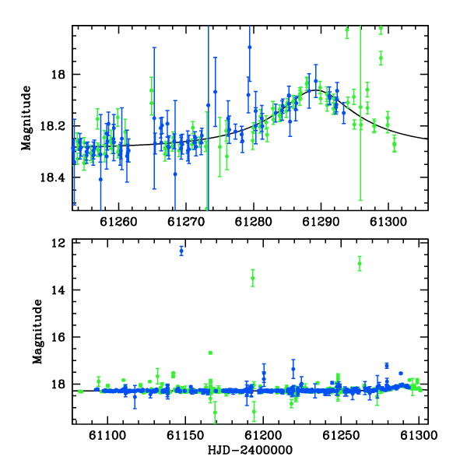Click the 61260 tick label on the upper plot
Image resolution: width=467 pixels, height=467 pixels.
(x=118, y=222)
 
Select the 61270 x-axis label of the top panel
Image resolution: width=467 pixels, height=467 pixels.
(x=186, y=222)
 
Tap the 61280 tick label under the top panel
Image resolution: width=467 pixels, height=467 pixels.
(x=253, y=222)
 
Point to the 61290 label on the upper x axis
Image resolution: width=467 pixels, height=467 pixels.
(x=321, y=222)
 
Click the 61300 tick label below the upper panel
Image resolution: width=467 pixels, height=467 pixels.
(x=388, y=222)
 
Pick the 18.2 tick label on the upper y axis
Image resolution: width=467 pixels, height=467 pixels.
(x=52, y=126)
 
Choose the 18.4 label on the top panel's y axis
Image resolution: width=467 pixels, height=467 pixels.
(x=52, y=177)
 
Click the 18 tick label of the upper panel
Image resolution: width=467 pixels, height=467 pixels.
(x=58, y=75)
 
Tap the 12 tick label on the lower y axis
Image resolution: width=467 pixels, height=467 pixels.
(x=58, y=243)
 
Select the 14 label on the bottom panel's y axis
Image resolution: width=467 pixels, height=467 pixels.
(x=58, y=290)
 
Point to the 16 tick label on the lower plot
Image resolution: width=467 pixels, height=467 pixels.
(x=58, y=337)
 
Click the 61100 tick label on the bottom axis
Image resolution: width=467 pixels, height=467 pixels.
(x=107, y=435)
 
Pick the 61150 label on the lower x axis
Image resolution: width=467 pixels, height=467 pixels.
(x=185, y=435)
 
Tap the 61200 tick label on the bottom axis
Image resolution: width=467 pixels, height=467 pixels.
(x=263, y=435)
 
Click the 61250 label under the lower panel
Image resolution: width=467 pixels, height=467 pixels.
(x=341, y=435)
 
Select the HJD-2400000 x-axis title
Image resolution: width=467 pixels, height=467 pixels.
(x=250, y=450)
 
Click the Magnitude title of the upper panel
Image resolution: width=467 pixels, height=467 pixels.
(x=26, y=118)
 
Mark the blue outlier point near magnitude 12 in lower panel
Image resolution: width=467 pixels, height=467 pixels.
(x=181, y=251)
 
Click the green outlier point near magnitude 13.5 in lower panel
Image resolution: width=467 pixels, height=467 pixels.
(x=252, y=278)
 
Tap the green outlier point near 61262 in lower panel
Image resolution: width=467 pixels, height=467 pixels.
(x=360, y=264)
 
